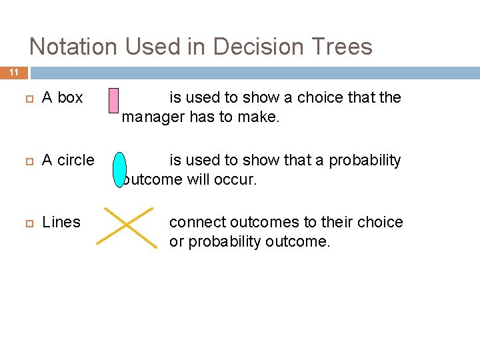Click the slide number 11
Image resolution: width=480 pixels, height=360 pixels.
pos(14,73)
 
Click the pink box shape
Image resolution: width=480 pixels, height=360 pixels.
pos(113,107)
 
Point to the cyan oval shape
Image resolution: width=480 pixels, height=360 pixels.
pos(119,170)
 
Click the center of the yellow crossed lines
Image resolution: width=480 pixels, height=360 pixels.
pos(127,227)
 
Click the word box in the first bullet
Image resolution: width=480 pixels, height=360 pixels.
pos(70,97)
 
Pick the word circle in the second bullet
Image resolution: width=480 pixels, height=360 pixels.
pos(75,160)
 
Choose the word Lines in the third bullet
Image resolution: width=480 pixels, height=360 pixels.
pos(61,222)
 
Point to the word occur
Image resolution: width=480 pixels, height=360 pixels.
pos(237,180)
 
